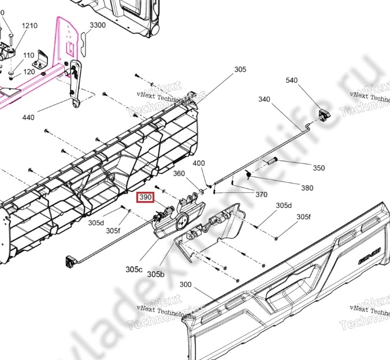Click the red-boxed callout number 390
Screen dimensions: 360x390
click(145, 198)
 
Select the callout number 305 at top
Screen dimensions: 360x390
click(240, 70)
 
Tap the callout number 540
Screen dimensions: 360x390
click(291, 80)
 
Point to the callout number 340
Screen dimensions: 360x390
click(264, 99)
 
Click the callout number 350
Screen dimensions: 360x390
click(318, 168)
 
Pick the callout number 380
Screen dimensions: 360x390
click(307, 188)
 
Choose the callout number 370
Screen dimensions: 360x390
click(261, 195)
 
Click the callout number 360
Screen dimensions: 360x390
click(179, 174)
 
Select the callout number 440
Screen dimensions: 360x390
click(28, 117)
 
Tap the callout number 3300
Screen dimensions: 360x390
click(98, 25)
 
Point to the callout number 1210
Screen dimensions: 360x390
click(29, 26)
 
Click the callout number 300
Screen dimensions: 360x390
click(185, 284)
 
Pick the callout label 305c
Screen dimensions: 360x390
click(134, 269)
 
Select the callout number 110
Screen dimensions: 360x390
click(28, 55)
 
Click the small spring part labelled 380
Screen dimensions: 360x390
click(248, 173)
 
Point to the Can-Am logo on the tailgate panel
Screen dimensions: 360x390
click(367, 261)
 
